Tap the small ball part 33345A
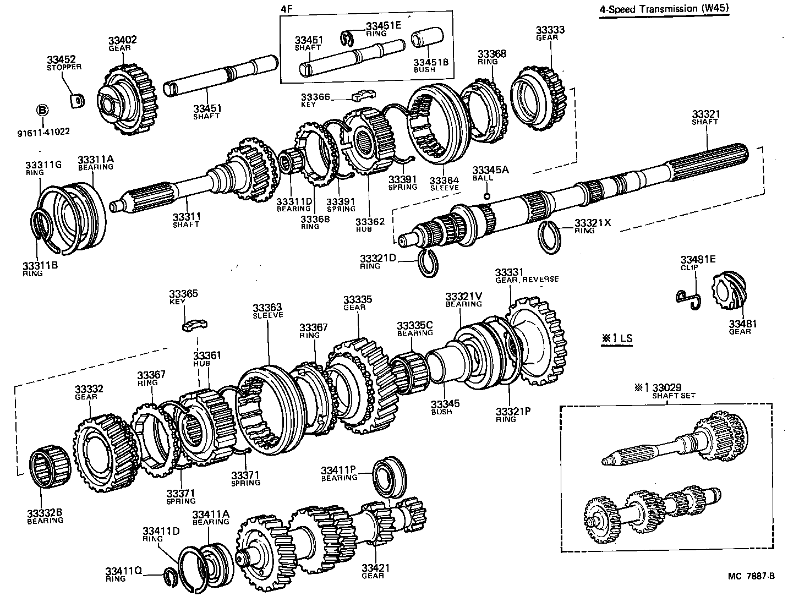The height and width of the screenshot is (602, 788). point(486,196)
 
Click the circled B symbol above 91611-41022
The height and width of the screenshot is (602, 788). point(42,110)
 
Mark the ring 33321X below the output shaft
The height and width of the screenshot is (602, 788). point(549,237)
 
